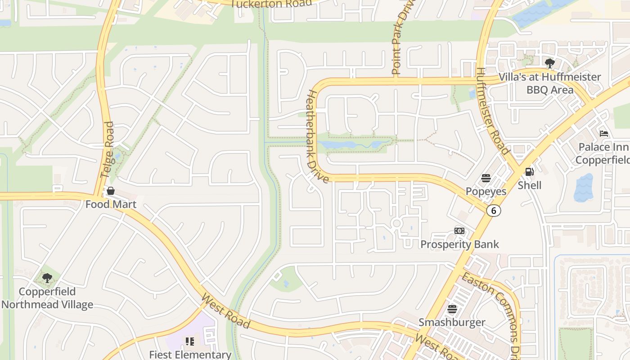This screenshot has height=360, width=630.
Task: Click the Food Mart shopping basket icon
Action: click(111, 191)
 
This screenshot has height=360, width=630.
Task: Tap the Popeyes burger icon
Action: click(486, 178)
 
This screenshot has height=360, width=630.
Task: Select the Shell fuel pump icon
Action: click(529, 171)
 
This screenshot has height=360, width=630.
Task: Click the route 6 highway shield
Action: click(494, 211)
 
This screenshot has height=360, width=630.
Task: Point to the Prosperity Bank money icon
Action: click(459, 231)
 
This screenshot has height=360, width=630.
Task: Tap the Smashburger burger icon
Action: click(452, 309)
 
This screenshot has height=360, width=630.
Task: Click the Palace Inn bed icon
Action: click(604, 134)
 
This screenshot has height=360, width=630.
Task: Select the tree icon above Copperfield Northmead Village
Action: click(47, 278)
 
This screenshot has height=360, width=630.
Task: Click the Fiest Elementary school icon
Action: click(190, 342)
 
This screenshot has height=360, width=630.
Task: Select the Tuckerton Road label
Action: click(271, 4)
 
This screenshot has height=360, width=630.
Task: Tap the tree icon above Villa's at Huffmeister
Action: click(549, 63)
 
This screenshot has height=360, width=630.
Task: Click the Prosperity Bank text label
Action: click(459, 244)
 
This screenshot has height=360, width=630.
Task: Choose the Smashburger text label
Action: click(452, 323)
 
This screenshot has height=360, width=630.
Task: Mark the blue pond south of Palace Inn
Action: click(584, 188)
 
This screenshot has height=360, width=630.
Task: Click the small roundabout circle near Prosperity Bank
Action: click(396, 224)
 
